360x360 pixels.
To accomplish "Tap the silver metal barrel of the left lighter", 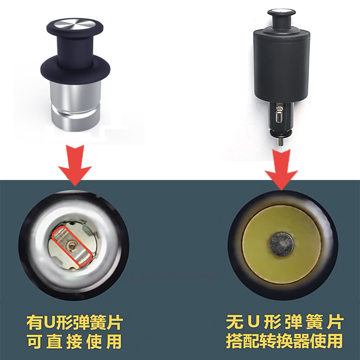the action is [x=76, y=106].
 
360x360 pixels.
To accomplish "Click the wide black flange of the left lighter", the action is [x=76, y=69].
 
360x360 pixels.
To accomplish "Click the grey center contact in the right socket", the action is [x=281, y=245].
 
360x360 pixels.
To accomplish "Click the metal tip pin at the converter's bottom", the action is [x=280, y=141].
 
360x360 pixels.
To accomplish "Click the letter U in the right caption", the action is [x=254, y=322].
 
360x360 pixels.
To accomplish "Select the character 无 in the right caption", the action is [x=234, y=322].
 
